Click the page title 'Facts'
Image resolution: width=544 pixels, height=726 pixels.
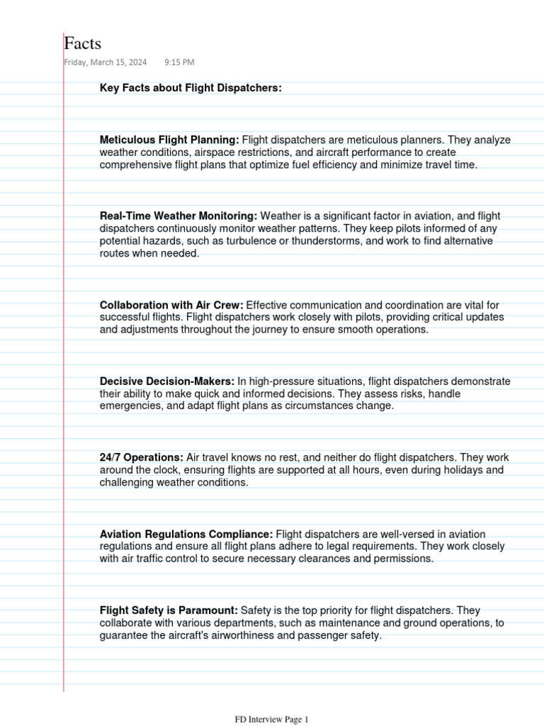point(83,43)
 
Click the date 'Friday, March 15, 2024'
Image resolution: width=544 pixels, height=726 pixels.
point(106,62)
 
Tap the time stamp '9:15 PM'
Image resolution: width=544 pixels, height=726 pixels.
point(179,62)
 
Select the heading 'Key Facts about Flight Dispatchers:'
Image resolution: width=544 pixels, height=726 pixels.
point(191,88)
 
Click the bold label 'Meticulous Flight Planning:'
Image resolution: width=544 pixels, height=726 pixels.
point(169,140)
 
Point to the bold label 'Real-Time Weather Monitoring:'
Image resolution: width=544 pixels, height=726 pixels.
point(178,216)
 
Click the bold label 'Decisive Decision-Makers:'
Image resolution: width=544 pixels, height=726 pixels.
point(167,381)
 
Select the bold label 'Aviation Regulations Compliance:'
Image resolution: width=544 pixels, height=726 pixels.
point(186,534)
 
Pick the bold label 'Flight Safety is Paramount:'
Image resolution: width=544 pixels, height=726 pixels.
point(169,610)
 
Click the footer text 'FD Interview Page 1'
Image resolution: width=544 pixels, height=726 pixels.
point(272,720)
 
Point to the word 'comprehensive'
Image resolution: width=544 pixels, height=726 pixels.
point(133,165)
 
